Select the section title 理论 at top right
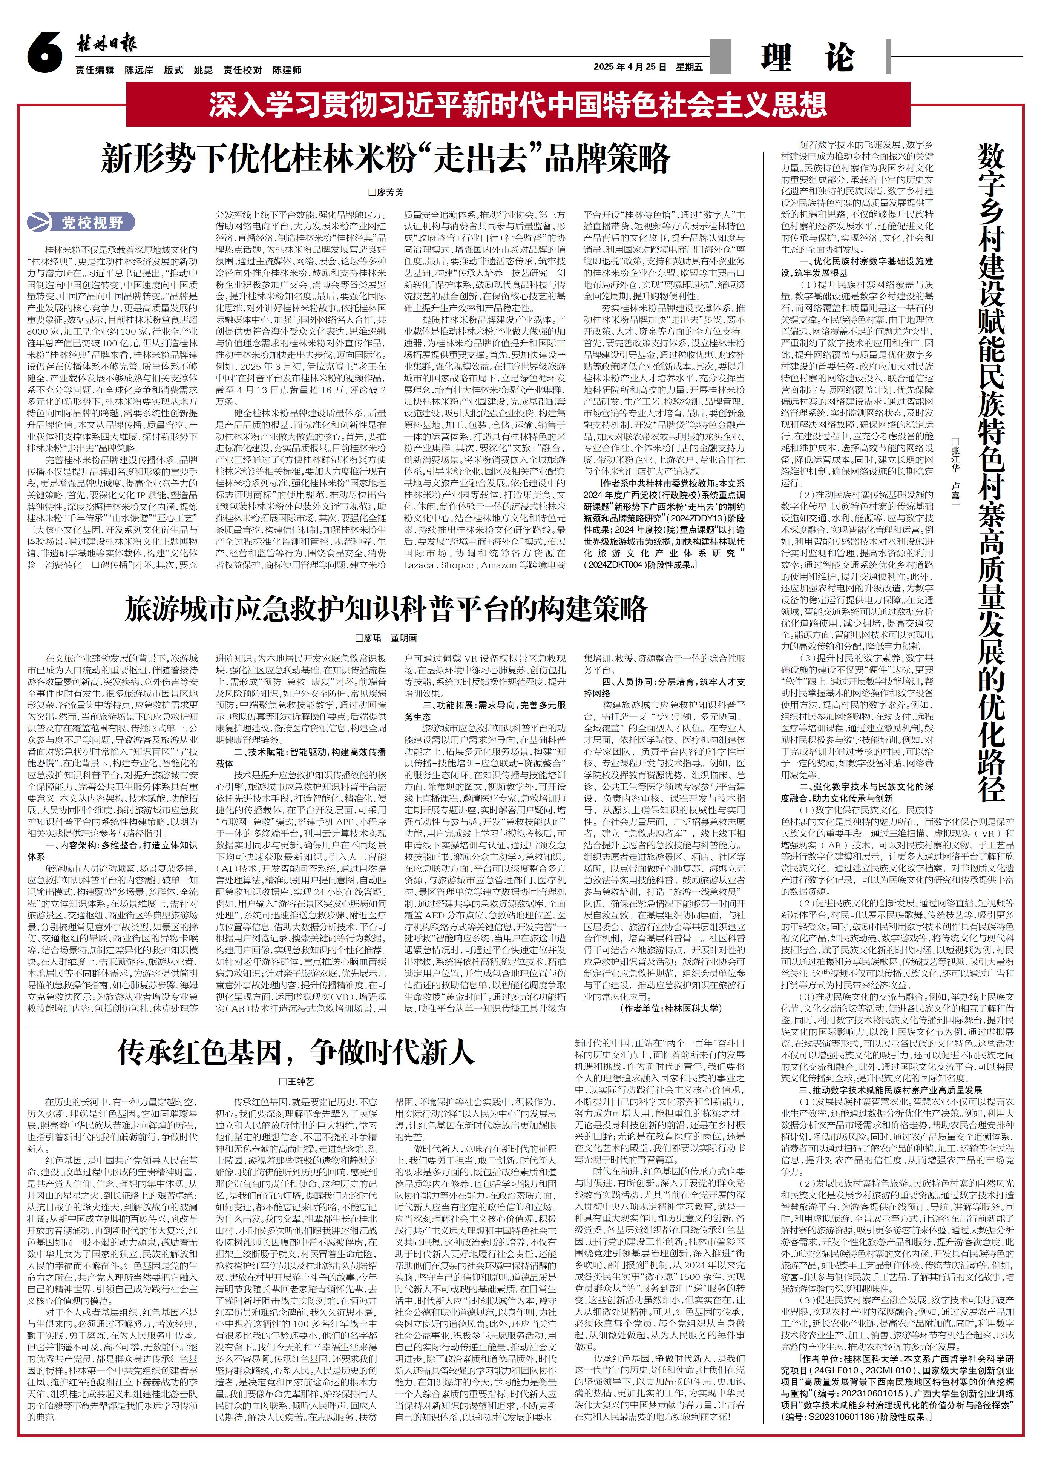(x=806, y=58)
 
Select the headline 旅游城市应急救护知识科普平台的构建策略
(x=385, y=609)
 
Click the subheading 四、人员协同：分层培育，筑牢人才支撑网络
(x=664, y=687)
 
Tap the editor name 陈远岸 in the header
(x=139, y=70)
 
